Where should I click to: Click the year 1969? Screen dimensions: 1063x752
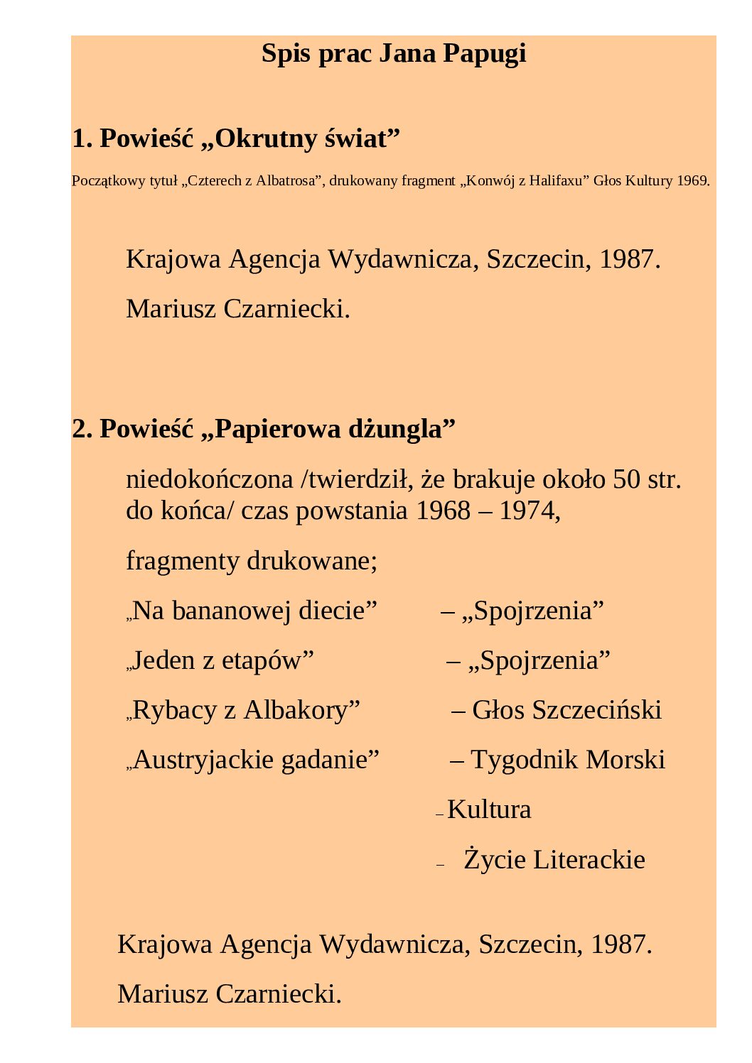[692, 181]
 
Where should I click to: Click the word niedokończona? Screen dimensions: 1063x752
[210, 480]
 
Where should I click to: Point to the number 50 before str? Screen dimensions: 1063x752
[627, 480]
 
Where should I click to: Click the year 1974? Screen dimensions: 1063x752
[530, 511]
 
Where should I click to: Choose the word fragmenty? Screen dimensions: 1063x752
[183, 561]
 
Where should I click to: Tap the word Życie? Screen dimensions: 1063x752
[495, 860]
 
